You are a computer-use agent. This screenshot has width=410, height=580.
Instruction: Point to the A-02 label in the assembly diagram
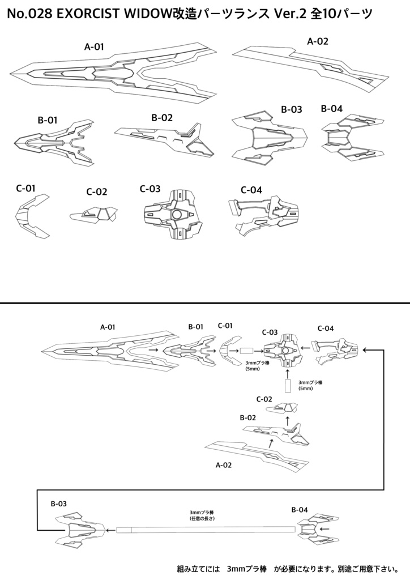[224, 465]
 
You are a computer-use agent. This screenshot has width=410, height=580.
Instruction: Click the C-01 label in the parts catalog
[26, 188]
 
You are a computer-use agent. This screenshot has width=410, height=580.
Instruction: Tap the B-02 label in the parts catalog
[162, 118]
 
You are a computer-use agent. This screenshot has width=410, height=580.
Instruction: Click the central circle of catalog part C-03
[177, 215]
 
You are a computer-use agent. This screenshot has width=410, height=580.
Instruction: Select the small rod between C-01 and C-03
[248, 351]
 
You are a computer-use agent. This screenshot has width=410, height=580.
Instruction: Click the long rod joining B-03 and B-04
[206, 530]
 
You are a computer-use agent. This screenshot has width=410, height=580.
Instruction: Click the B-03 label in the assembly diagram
[59, 504]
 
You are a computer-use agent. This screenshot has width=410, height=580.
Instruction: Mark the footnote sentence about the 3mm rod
[288, 568]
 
